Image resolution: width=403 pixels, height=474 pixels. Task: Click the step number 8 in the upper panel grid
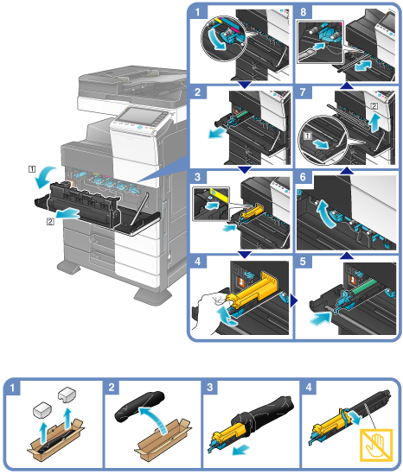[303, 12]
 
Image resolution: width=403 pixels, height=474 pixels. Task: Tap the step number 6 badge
[303, 177]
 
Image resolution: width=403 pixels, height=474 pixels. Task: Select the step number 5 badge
[303, 262]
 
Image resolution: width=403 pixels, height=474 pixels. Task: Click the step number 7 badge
[303, 92]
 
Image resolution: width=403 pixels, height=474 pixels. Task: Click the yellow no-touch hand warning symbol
[376, 445]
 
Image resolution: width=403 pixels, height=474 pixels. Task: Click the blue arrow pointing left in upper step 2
[217, 132]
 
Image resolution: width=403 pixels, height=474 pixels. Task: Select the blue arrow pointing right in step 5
[320, 319]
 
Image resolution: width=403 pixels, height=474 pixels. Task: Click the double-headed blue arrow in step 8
[362, 66]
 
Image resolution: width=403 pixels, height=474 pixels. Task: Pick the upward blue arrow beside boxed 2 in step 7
[374, 122]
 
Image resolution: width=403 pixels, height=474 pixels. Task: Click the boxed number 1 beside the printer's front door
[32, 169]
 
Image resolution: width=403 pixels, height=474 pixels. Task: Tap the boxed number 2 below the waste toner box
[50, 222]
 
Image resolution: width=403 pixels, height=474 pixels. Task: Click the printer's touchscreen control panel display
[138, 116]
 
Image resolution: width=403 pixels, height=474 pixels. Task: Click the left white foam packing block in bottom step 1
[42, 410]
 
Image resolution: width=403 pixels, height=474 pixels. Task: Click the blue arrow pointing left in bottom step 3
[241, 450]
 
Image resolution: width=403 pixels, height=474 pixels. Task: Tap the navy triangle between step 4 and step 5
[293, 300]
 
